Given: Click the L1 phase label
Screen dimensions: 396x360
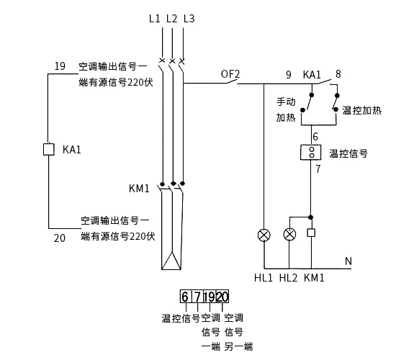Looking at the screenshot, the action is [x=155, y=19].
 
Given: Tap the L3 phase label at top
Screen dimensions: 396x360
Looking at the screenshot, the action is [x=189, y=19].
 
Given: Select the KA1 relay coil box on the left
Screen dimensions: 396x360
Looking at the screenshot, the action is [x=49, y=149].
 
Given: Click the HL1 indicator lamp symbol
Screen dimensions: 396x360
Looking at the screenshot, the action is [x=264, y=235].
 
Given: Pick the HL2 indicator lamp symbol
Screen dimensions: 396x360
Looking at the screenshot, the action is [x=289, y=235].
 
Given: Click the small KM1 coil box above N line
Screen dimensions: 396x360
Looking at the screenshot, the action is [x=311, y=233].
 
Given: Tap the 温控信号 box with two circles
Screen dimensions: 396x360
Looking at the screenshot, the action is [x=310, y=153].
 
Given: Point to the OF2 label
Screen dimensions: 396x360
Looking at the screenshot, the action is [x=230, y=74].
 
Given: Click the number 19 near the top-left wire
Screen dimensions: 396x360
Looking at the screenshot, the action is [x=60, y=66].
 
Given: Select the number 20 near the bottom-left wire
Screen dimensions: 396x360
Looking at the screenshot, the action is [x=60, y=238].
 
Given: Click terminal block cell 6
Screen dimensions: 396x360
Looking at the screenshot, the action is [x=186, y=297].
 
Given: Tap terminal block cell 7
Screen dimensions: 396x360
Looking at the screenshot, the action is [x=197, y=297].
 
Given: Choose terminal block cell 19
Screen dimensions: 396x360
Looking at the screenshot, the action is [x=210, y=297].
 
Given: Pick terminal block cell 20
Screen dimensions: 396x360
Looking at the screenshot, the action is [x=222, y=297].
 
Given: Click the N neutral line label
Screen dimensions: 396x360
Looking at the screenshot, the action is [x=348, y=261].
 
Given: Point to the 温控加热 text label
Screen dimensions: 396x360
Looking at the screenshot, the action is [x=362, y=110].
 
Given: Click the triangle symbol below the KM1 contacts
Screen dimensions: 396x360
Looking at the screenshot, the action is [x=171, y=261].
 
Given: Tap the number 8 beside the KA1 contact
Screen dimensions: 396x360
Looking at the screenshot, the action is [x=338, y=74].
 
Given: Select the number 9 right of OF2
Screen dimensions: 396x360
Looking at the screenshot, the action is [x=289, y=75].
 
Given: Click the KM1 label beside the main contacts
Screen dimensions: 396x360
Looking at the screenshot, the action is [x=139, y=189].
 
